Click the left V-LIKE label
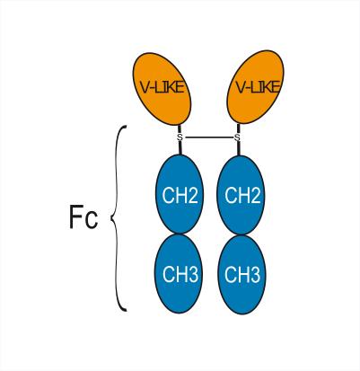[x=162, y=87]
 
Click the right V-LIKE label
[x=258, y=87]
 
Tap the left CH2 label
[x=180, y=195]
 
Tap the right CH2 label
[x=242, y=195]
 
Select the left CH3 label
[x=180, y=274]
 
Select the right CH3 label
[x=242, y=274]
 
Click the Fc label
[x=83, y=216]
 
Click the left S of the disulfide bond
[x=180, y=137]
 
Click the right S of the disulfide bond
[x=237, y=137]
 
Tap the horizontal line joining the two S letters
[x=208, y=137]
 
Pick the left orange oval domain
[x=162, y=89]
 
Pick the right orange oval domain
[x=256, y=87]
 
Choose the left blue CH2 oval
[x=180, y=194]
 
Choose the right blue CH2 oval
[x=241, y=195]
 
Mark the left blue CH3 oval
[x=179, y=274]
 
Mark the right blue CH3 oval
[x=241, y=275]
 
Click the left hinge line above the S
[x=180, y=129]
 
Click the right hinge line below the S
[x=239, y=148]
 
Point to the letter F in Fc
[x=75, y=216]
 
